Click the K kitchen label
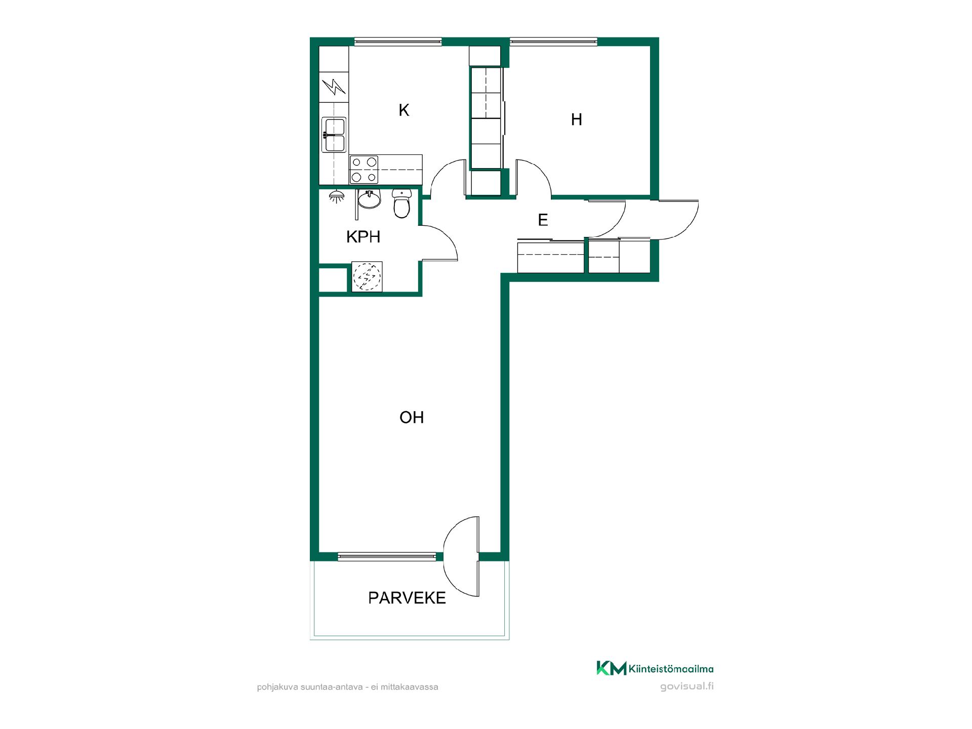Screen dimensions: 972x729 [403, 110]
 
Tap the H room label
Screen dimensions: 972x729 [576, 119]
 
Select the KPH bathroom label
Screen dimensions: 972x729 [363, 237]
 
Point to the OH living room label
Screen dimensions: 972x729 [412, 417]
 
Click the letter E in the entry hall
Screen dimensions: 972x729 [543, 220]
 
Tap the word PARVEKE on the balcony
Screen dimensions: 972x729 [407, 598]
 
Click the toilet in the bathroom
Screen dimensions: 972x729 [401, 204]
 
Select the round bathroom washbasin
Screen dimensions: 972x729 [369, 199]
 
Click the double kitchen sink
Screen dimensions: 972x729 [334, 135]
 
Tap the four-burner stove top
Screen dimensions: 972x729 [364, 170]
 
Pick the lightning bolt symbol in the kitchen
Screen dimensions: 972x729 [334, 87]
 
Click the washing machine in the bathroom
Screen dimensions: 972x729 [367, 276]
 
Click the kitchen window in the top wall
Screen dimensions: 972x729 [398, 42]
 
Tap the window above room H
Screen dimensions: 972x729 [554, 42]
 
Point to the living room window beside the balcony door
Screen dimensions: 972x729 [387, 557]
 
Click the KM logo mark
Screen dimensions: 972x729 [611, 668]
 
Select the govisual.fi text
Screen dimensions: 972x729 [687, 687]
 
